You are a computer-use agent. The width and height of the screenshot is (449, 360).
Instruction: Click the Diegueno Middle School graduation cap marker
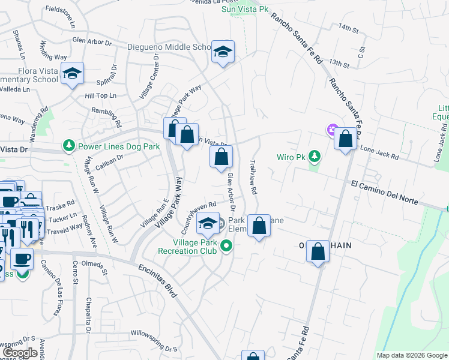coord(222,52)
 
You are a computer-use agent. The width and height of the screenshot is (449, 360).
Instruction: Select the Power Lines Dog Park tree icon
coord(69,145)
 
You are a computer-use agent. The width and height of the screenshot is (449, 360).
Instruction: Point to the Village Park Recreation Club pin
coord(226,245)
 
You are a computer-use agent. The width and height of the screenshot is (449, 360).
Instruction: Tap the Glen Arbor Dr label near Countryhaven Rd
coord(231,192)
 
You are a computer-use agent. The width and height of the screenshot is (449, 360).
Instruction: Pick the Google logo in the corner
coord(19,353)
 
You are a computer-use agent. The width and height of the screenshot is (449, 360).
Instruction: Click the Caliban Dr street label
coord(108,158)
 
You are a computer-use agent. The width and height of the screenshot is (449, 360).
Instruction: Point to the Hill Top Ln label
coord(100,95)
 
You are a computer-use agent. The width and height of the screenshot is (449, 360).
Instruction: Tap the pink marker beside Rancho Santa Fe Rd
coord(331,129)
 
